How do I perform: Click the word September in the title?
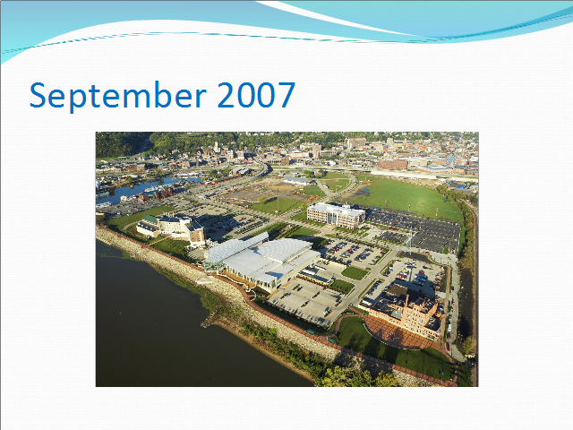pos(117,96)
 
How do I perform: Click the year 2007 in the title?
pos(256,95)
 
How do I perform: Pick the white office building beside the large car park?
pos(336,215)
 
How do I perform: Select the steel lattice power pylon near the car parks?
pos(410,239)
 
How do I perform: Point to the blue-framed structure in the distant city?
pos(451,161)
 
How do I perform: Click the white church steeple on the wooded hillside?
pos(217,146)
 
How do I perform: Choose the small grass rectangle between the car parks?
pos(355,272)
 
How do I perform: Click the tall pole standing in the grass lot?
pos(278,201)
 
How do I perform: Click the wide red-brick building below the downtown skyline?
pos(392,164)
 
